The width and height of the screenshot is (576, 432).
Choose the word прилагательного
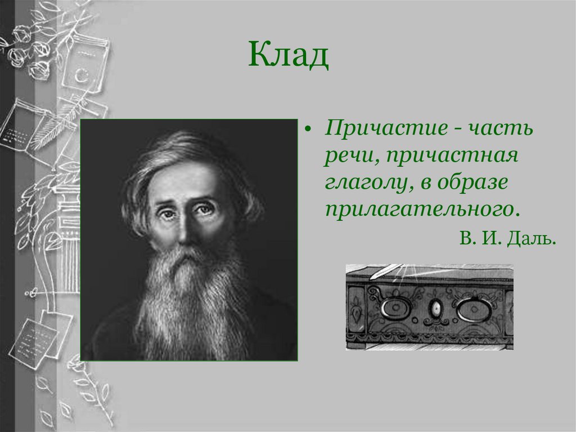[418, 210]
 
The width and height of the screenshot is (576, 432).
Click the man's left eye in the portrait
[204, 210]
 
